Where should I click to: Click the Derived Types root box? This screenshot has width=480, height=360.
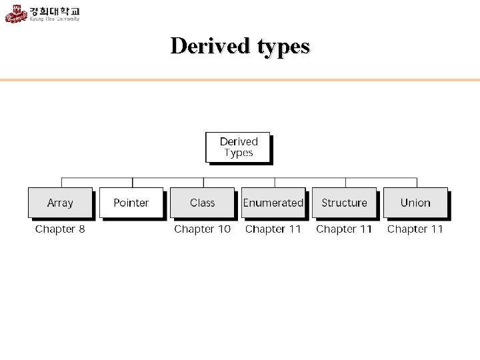coord(238,147)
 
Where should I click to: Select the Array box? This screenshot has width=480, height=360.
coord(60,203)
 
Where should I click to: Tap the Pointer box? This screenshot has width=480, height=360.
coord(131,203)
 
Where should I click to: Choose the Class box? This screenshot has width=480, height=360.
coord(202,203)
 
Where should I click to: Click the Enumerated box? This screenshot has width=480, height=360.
coord(273,203)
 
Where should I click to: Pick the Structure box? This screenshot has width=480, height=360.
coord(344,203)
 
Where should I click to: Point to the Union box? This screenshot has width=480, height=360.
coord(415,203)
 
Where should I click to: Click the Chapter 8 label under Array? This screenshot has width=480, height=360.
coord(60,229)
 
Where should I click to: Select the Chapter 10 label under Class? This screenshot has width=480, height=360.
coord(202,229)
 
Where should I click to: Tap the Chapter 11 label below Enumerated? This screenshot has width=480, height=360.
coord(273,229)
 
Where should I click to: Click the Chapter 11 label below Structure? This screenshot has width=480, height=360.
coord(344,229)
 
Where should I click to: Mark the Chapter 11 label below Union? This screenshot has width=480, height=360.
coord(415,229)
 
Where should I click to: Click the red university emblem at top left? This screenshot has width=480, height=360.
coord(16,13)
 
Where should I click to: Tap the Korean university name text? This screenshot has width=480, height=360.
coord(55,11)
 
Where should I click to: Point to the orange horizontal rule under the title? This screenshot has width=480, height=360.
coord(240,80)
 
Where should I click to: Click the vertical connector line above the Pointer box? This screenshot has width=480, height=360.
coord(133,183)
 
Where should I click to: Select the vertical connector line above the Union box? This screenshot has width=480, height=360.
coord(417,183)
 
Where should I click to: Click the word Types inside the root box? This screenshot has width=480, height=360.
coord(239,153)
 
